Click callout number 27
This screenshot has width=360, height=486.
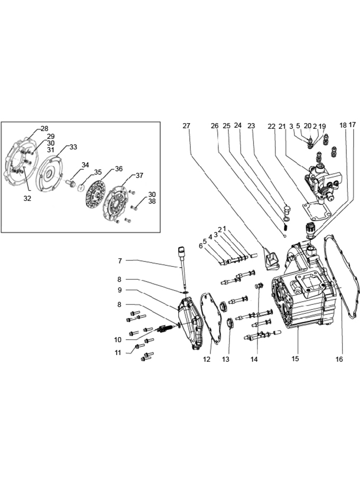tap(186, 126)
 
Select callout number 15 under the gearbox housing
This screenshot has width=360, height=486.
tap(295, 358)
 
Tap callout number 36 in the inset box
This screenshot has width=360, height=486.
tap(119, 169)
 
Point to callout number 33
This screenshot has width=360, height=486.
tap(73, 147)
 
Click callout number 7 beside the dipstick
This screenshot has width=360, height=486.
tap(120, 261)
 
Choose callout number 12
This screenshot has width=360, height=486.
tap(207, 359)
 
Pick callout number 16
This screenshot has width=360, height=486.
tap(339, 359)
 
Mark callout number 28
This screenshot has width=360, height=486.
tap(44, 128)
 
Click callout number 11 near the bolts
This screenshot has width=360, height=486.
tap(118, 353)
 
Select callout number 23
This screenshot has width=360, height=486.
tap(251, 126)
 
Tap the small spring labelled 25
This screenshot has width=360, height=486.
tap(286, 227)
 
